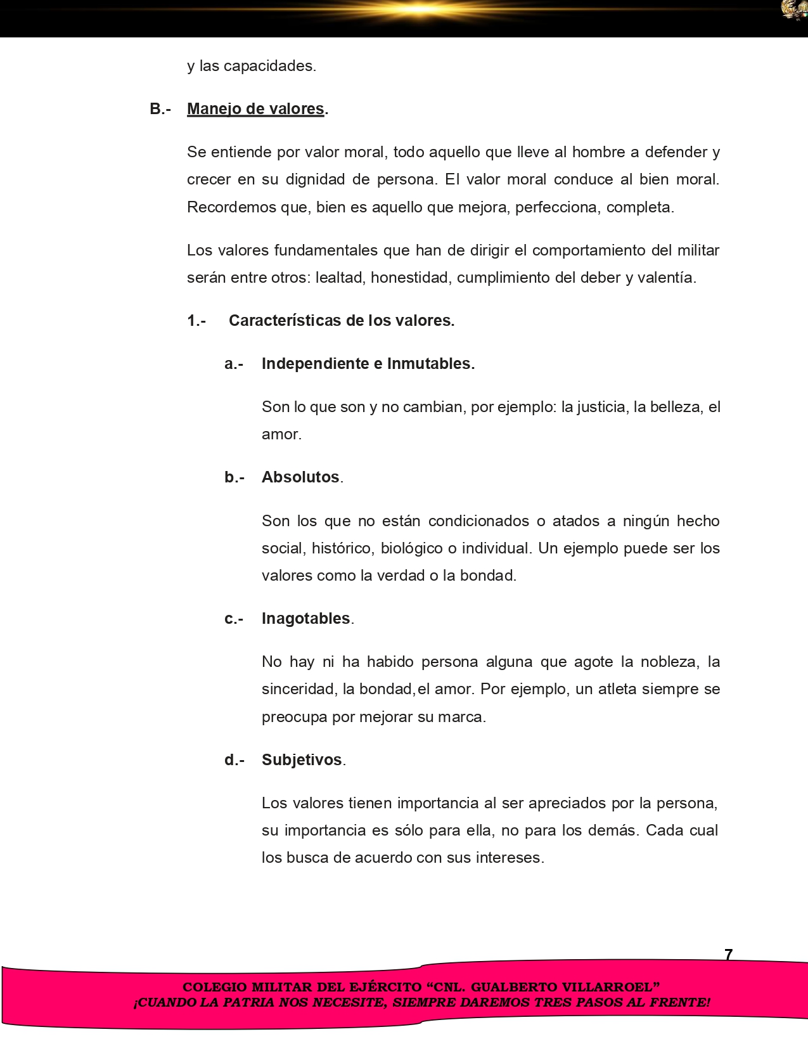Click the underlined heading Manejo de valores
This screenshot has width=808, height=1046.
click(255, 109)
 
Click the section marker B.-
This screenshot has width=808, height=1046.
click(160, 109)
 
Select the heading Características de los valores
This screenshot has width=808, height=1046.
click(342, 321)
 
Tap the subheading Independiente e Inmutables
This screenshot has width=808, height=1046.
click(368, 364)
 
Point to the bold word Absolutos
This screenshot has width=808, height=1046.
click(300, 477)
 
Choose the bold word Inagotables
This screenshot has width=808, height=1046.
click(306, 619)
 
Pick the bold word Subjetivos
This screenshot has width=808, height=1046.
click(302, 760)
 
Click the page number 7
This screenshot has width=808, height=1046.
click(729, 955)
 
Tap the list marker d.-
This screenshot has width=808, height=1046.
click(234, 760)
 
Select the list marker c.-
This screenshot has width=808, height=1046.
click(234, 619)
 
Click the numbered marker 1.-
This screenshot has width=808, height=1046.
click(196, 321)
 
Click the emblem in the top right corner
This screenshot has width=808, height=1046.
click(794, 10)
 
